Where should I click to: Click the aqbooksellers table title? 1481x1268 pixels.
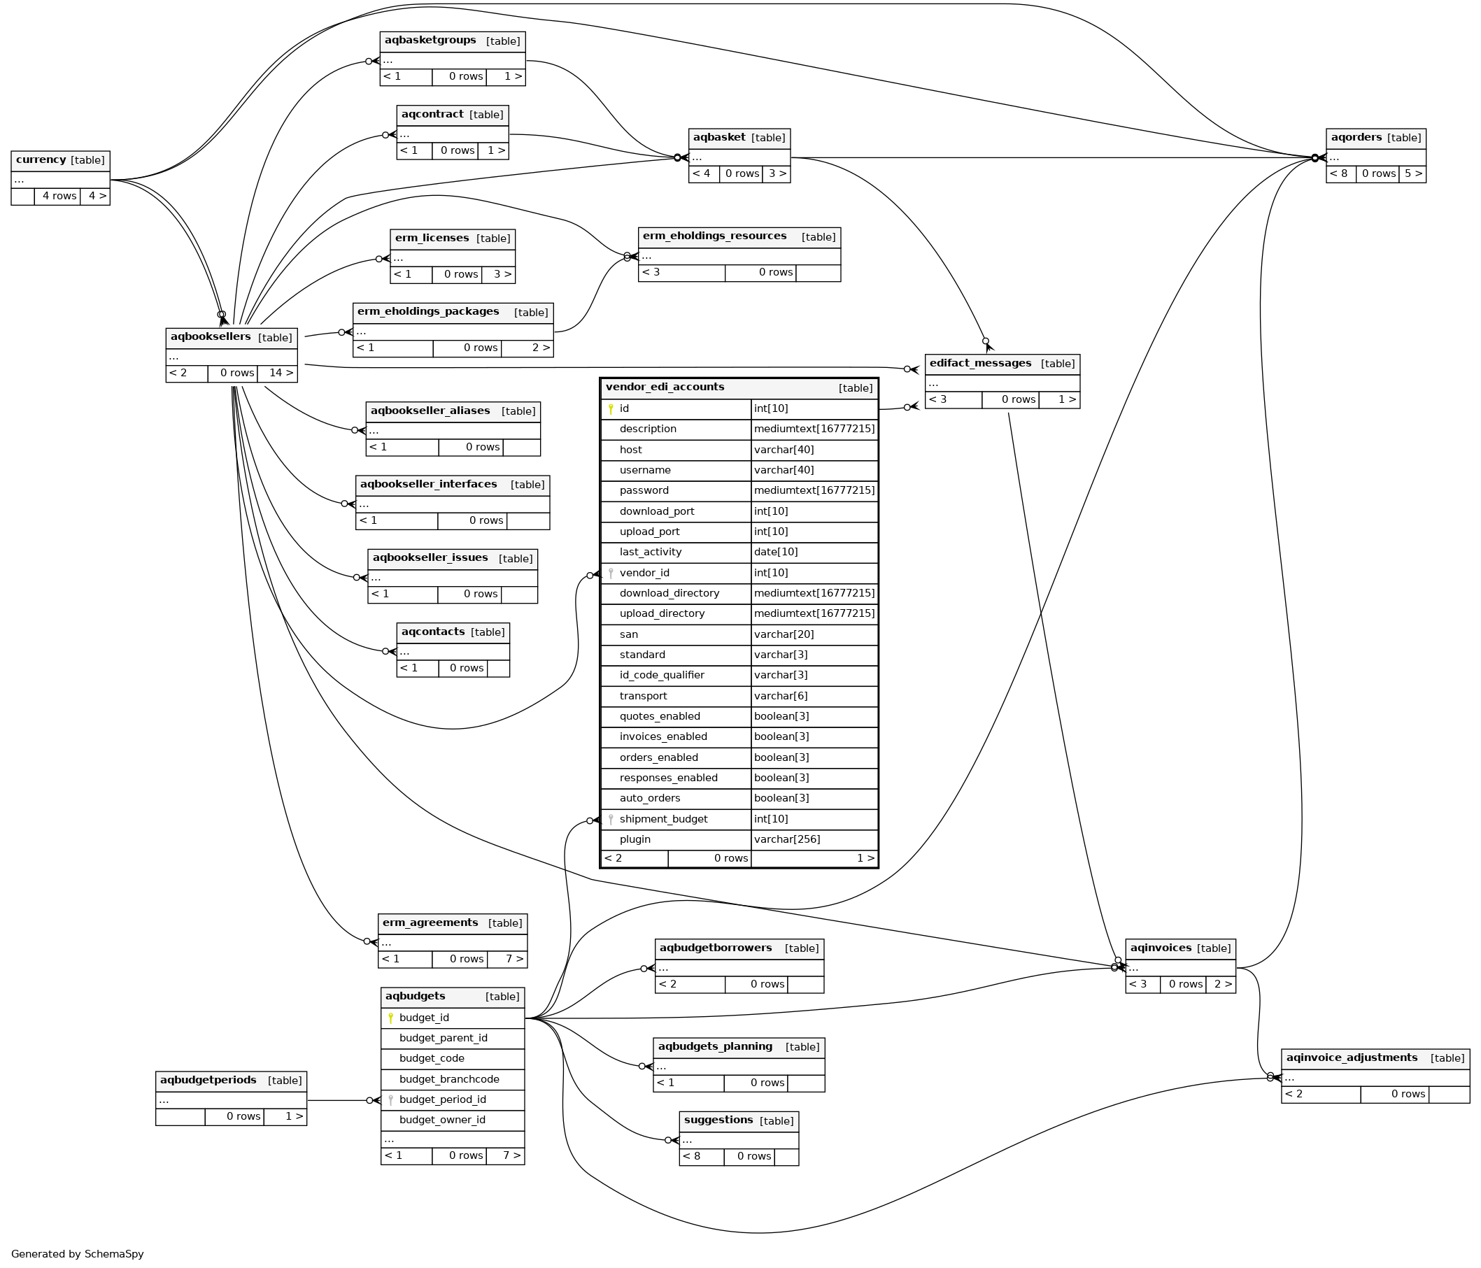coord(210,336)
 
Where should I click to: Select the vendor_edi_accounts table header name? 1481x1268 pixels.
coord(665,387)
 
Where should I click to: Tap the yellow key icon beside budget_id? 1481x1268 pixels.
coord(390,1018)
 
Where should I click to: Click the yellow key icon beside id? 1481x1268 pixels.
coord(611,409)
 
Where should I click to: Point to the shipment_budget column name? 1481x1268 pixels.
coord(663,819)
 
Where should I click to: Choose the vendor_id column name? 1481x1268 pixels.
coord(644,573)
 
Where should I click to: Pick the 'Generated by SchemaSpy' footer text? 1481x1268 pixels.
coord(77,1254)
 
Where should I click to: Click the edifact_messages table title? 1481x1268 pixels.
coord(980,363)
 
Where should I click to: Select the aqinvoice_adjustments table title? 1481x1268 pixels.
coord(1351,1057)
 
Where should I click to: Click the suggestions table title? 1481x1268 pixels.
coord(718,1119)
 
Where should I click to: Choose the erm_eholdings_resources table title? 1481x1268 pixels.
coord(714,236)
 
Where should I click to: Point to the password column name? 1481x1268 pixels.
coord(644,490)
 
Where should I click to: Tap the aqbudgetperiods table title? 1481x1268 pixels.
coord(208,1079)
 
